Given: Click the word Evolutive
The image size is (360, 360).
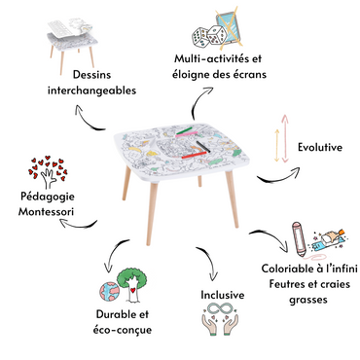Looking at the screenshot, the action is click(320, 147).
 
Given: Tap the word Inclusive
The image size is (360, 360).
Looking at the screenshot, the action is click(223, 295).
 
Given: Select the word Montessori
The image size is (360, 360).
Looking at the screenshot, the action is click(46, 211).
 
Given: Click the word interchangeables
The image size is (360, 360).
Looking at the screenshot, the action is click(91, 90).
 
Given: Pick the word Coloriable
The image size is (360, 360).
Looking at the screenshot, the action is click(288, 269).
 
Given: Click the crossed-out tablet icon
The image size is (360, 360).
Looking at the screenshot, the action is click(231, 27).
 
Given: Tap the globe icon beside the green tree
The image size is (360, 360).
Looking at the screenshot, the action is click(110, 292).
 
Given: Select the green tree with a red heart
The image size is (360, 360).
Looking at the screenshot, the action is click(131, 285).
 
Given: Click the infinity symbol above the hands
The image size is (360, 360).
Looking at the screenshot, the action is click(221, 308).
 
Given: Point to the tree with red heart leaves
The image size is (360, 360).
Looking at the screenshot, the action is click(48, 172).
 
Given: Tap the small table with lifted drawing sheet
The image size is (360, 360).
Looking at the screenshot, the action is click(72, 46).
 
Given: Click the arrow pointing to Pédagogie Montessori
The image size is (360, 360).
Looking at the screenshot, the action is click(78, 225).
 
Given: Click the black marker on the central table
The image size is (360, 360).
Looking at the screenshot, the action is click(202, 146).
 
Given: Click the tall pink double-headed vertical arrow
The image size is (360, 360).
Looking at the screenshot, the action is click(285, 138).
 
